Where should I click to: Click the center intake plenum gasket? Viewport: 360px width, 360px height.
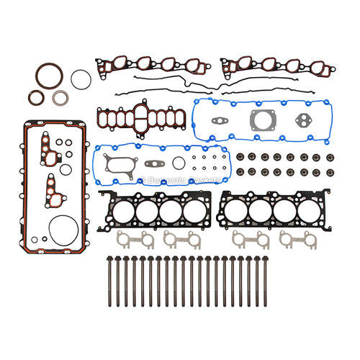coord(141,117)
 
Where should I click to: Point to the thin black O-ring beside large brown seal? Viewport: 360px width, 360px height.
coord(81,79)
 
